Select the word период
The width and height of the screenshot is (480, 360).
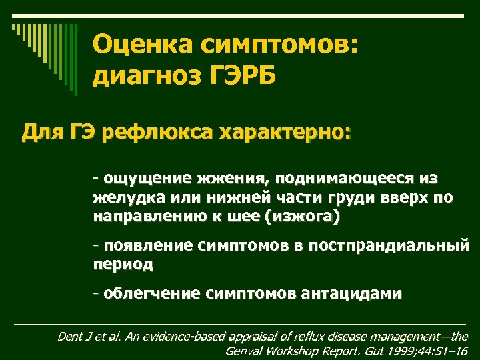[x=123, y=265]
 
